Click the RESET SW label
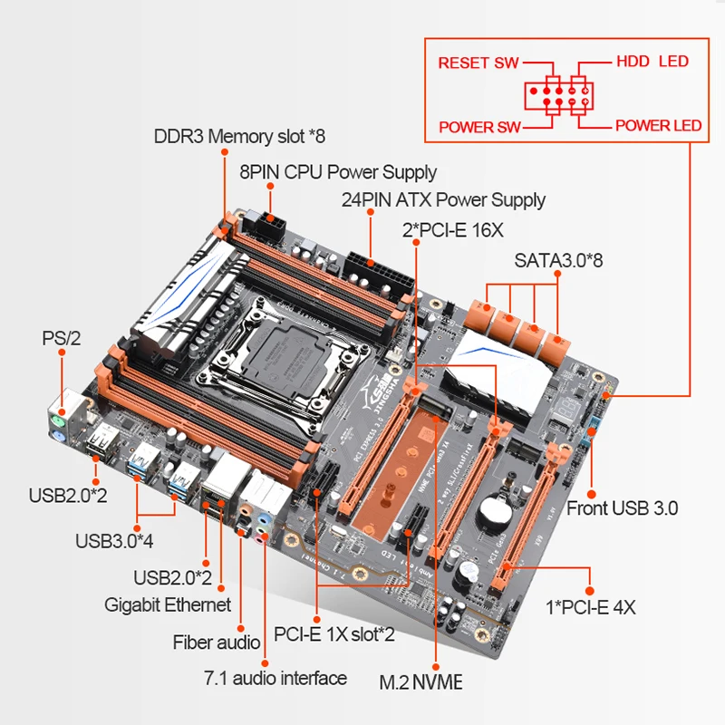[478, 63]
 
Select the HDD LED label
[652, 62]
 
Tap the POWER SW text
[480, 127]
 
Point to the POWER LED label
[658, 125]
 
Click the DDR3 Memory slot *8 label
[238, 137]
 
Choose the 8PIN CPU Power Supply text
[337, 171]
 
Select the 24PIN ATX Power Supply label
[443, 199]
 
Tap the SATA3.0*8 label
[559, 260]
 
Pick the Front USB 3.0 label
[622, 507]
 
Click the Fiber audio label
[208, 642]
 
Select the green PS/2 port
[56, 421]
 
